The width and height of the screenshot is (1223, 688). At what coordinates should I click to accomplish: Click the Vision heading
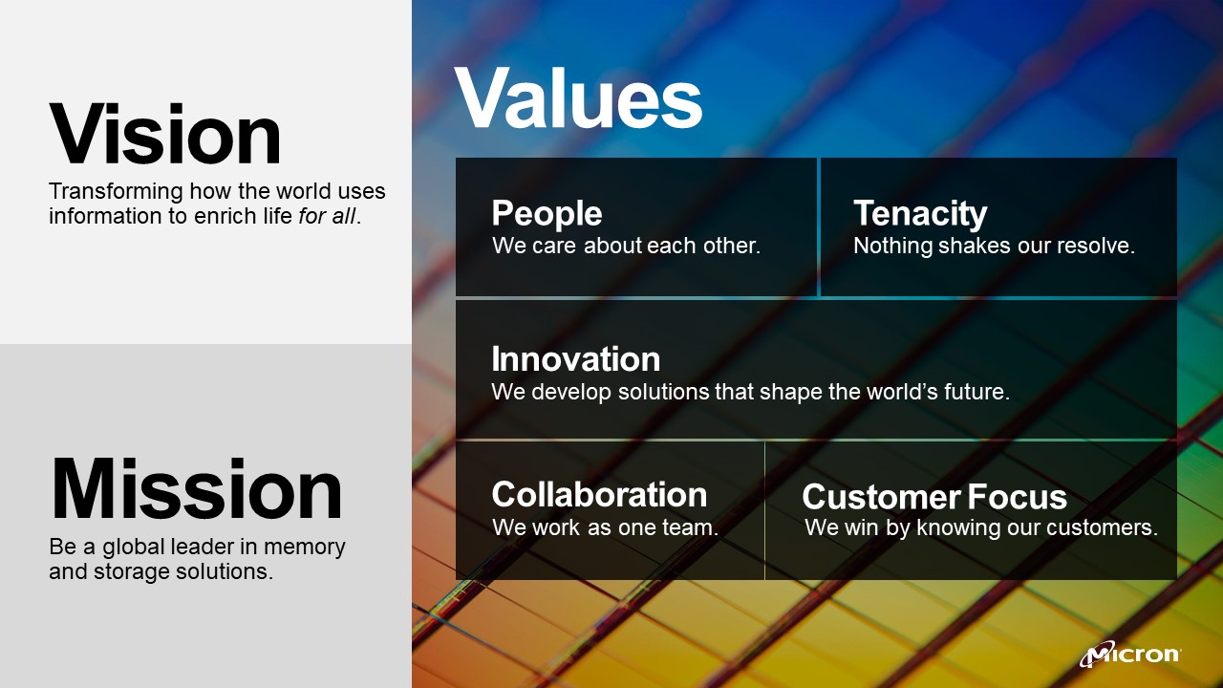165,133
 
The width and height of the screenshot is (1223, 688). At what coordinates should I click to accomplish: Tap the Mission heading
197,488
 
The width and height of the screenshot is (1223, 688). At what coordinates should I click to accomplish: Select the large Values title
578,97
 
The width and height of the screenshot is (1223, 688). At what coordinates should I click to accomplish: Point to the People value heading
547,213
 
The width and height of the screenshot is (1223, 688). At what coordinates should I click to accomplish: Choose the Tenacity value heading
920,213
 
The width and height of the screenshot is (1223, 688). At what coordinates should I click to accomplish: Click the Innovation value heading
575,358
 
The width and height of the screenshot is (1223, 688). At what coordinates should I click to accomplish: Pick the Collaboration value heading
599,494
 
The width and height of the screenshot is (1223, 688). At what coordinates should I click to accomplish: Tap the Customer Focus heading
934,497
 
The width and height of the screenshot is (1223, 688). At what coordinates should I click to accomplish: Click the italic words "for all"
327,216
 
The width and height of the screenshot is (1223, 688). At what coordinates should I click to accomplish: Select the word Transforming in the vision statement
116,192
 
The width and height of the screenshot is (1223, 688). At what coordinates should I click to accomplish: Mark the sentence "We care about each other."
626,246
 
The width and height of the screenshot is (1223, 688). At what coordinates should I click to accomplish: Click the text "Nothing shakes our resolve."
994,246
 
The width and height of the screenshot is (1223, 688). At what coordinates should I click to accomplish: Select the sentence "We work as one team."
605,527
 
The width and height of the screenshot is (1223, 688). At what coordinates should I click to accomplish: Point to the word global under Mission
133,548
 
